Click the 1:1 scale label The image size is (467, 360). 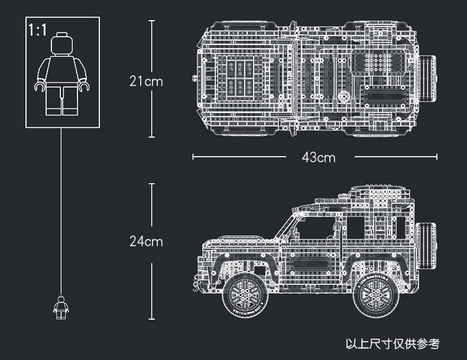click(x=37, y=30)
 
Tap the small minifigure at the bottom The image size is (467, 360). click(x=61, y=307)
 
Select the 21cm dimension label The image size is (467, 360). click(x=145, y=81)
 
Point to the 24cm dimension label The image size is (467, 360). click(x=145, y=241)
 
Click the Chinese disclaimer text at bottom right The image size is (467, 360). click(x=393, y=343)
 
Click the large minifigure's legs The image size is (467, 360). click(x=61, y=100)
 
